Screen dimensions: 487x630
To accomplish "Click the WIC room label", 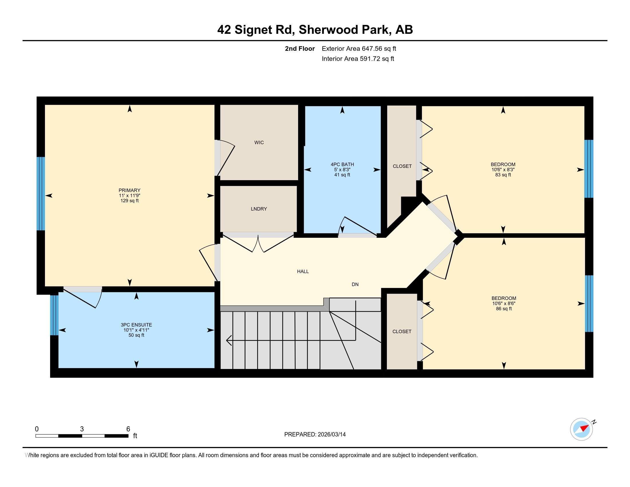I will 259,143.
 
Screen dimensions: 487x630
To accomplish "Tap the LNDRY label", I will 259,209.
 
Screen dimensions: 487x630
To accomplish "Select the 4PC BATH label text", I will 342,164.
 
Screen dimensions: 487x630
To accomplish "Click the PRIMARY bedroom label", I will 129,191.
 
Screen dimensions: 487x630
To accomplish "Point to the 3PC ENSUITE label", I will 136,325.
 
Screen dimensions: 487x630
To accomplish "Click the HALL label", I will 303,272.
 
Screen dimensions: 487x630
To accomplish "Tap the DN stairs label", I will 355,284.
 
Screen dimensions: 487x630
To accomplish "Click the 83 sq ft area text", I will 503,175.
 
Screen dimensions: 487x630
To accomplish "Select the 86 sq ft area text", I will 504,309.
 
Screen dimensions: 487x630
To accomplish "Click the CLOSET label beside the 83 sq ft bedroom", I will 402,166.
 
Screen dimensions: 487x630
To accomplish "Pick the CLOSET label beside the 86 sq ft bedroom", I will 401,331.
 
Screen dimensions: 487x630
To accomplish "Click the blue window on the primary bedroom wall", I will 41,194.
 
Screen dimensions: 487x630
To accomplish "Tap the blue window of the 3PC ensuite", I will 54,315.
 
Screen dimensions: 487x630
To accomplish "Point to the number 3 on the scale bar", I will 82,429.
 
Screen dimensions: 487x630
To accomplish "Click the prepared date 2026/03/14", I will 331,435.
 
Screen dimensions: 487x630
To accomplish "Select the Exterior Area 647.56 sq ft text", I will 359,49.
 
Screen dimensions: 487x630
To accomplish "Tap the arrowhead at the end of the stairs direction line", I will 229,340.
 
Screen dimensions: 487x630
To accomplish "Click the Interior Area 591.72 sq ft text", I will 358,59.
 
